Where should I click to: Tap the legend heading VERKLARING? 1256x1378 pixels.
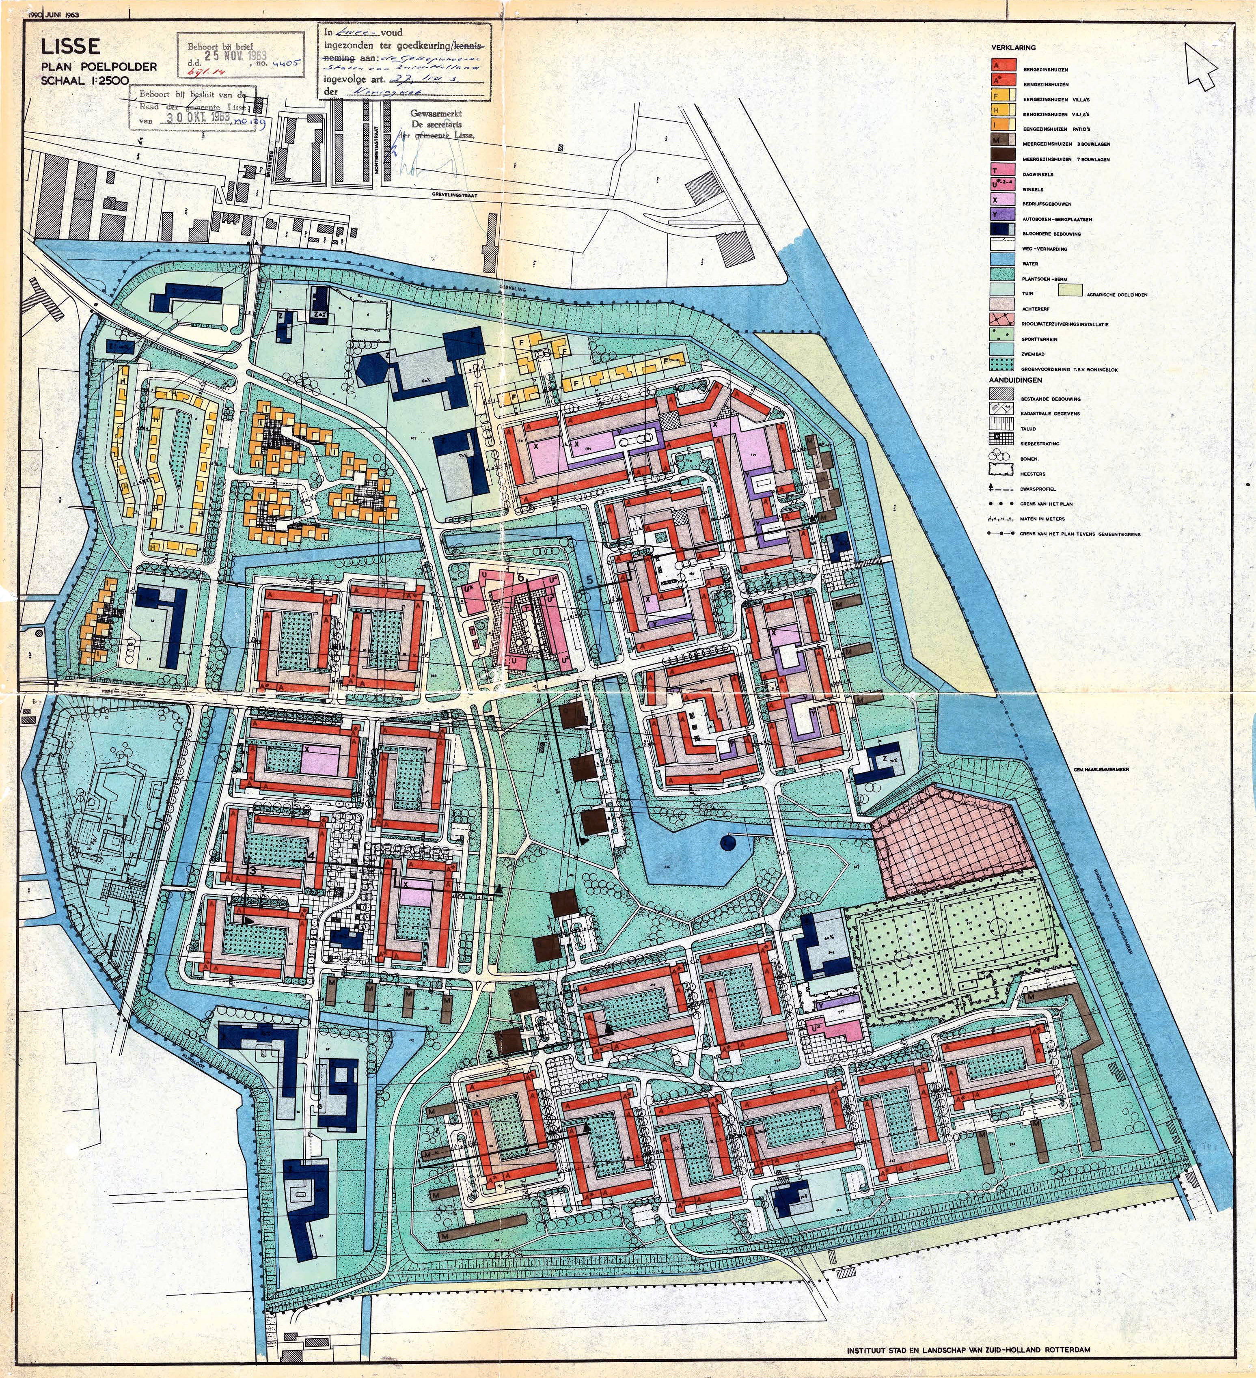coord(1012,48)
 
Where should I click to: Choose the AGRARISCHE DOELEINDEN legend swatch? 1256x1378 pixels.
coord(1073,293)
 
